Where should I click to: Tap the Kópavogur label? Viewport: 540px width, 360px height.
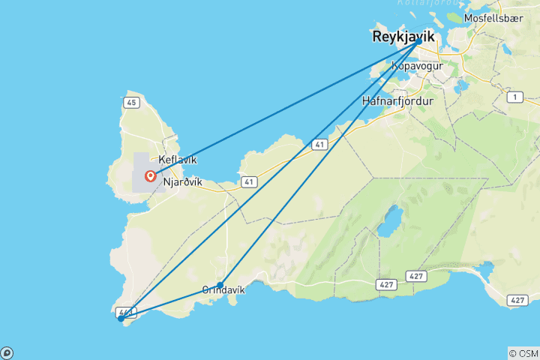418,66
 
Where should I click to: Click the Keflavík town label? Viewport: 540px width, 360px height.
178,160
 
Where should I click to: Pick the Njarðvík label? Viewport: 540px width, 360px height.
184,180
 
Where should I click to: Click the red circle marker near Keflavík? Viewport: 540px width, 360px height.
151,177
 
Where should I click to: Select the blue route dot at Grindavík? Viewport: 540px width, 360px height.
220,284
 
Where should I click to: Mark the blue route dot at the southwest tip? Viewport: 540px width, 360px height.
121,319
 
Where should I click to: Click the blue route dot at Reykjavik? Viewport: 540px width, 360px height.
418,40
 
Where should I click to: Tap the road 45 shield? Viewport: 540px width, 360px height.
130,103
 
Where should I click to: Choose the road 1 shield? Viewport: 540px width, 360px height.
514,97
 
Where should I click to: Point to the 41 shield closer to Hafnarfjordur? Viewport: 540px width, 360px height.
319,142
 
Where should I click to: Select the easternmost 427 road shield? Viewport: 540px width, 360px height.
517,300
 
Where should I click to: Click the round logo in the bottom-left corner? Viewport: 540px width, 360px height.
6,353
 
